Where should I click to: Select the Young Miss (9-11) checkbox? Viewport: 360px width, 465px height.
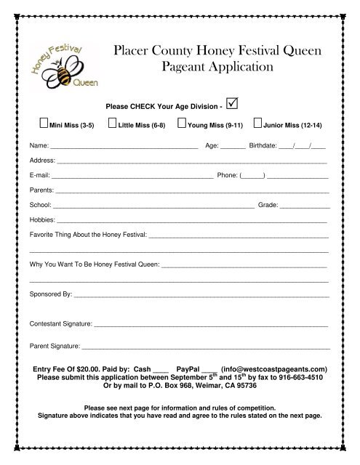(182, 124)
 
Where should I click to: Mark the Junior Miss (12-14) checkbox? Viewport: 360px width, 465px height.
(258, 124)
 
